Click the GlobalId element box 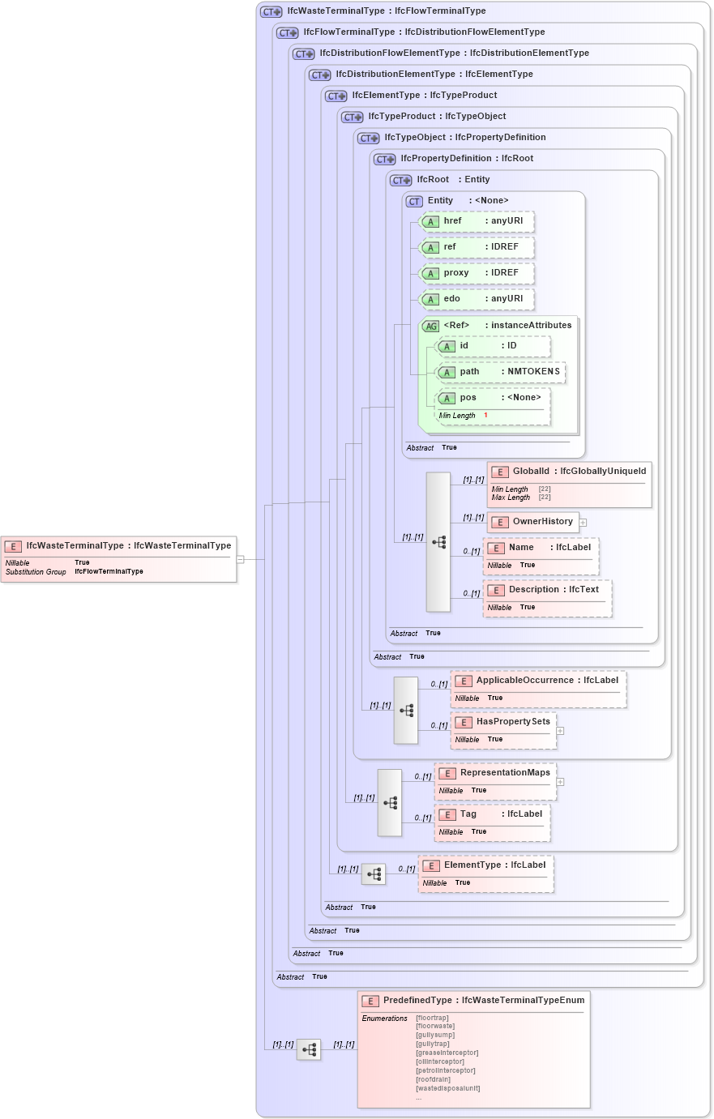[569, 484]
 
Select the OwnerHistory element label [542, 522]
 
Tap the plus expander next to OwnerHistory [583, 523]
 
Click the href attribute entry [477, 221]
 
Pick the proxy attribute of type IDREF [477, 273]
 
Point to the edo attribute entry [477, 299]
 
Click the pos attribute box [493, 405]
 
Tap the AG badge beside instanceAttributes [431, 327]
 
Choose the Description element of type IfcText [547, 597]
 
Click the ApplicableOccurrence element [538, 688]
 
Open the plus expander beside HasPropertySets [560, 731]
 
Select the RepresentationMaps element [495, 780]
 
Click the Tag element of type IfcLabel [492, 822]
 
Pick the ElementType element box [485, 873]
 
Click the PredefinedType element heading [474, 1001]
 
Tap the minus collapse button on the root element [240, 559]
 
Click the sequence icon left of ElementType [374, 874]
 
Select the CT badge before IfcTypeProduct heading [353, 117]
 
